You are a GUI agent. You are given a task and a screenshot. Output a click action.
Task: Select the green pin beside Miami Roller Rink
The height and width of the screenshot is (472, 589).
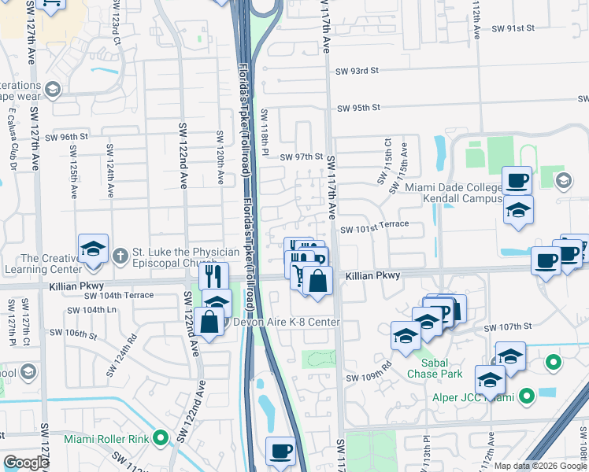pos(161,437)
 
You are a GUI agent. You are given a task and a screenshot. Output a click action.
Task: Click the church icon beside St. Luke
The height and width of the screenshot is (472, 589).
pos(120,255)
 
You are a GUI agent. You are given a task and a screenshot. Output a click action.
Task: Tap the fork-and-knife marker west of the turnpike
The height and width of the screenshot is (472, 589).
pos(213,276)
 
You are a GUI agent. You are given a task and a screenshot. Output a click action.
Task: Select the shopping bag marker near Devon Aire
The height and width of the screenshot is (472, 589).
pos(210,322)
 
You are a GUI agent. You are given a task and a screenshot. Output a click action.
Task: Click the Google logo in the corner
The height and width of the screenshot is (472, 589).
pos(26,463)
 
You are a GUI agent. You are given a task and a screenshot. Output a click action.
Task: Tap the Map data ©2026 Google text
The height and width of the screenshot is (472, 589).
pos(539,466)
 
